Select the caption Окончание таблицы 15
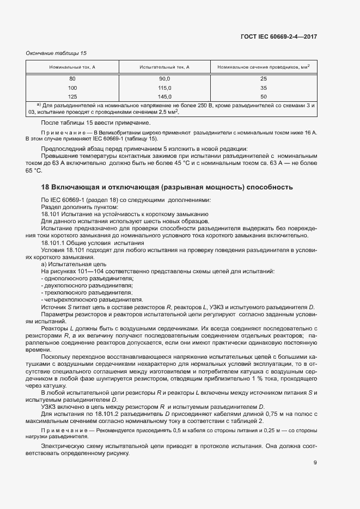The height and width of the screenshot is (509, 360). [x=57, y=53]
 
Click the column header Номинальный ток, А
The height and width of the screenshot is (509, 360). [x=72, y=67]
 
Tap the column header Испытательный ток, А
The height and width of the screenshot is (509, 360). [x=164, y=67]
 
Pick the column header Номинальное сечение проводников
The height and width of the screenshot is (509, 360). [x=263, y=67]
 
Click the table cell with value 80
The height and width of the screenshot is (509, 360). [x=72, y=79]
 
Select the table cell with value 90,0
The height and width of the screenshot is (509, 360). [x=164, y=79]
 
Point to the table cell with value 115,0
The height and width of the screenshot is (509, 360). [x=164, y=88]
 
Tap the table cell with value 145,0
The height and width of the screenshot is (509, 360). [x=164, y=96]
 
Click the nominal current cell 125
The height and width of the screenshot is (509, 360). [x=72, y=96]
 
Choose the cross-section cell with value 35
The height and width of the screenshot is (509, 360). [x=263, y=88]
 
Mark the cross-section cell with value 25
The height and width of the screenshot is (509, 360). [x=263, y=79]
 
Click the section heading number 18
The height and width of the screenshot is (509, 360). [x=46, y=187]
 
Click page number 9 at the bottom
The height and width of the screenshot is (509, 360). [x=315, y=463]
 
